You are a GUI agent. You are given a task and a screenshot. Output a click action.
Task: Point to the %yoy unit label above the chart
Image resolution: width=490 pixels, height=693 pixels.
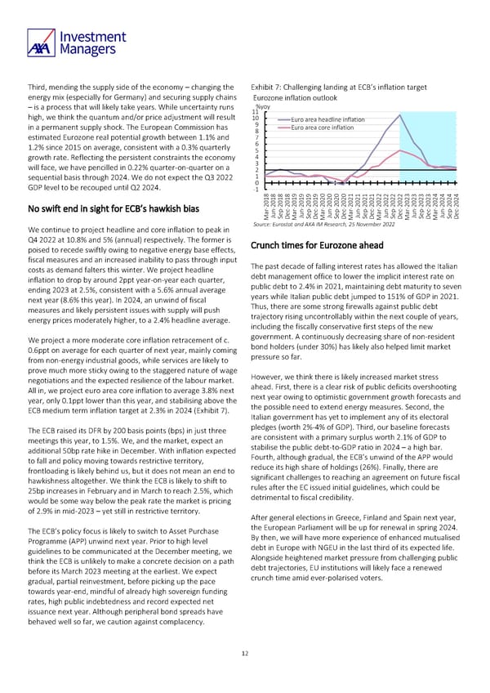(x=263, y=105)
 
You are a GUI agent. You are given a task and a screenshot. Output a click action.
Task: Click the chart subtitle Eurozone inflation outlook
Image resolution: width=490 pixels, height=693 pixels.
(x=298, y=97)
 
